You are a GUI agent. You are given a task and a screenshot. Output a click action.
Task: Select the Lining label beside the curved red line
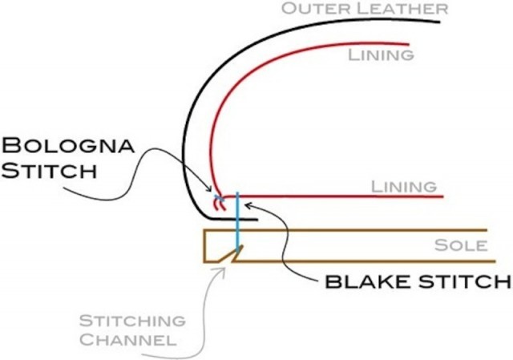382,55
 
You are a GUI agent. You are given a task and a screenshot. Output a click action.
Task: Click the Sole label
459,245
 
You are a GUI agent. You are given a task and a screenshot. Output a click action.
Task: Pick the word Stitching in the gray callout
132,322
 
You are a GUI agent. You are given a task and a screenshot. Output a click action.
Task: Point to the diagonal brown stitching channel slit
233,255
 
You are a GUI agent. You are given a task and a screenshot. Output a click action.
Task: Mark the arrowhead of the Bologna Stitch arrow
219,193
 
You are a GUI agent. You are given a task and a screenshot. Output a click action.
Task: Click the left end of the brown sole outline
205,246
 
